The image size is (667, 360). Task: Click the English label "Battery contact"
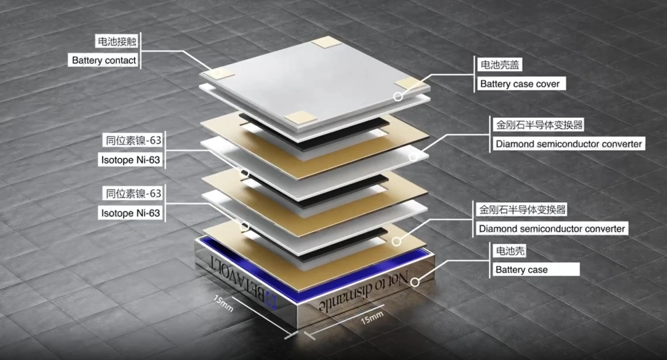tap(104, 61)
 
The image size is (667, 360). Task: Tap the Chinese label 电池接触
tap(117, 41)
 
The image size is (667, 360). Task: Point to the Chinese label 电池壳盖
tap(500, 65)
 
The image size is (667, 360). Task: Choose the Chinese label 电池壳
tap(509, 251)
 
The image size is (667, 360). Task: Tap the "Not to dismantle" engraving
tap(363, 293)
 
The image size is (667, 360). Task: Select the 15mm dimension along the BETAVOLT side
tap(223, 303)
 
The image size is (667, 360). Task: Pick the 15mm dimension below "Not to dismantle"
tap(372, 317)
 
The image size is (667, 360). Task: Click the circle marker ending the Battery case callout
tap(415, 282)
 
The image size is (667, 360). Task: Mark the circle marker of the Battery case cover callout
tap(398, 97)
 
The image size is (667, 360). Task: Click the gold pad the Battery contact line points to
tap(218, 74)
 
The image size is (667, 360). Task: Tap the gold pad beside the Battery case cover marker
tap(410, 85)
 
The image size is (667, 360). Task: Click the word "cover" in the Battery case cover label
tap(548, 84)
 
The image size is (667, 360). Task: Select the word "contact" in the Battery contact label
tap(120, 61)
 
